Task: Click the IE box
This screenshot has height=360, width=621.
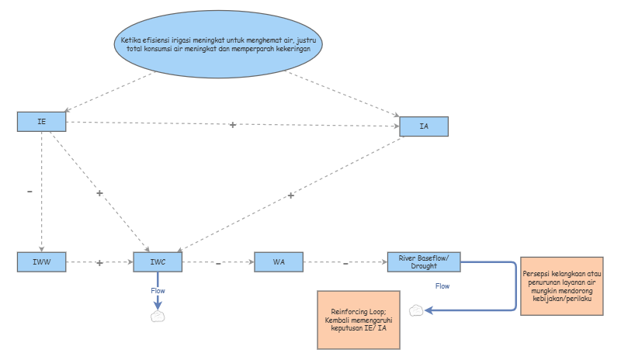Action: [x=42, y=122]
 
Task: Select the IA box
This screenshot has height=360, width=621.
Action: [x=424, y=126]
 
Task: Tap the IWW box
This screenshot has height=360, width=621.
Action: [x=42, y=261]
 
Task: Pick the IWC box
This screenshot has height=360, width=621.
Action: [x=158, y=261]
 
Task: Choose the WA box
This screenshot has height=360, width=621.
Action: [x=279, y=261]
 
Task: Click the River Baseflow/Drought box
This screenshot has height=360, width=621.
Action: [x=424, y=261]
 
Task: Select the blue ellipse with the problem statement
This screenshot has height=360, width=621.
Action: [x=218, y=44]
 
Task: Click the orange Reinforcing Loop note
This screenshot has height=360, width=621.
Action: [x=359, y=320]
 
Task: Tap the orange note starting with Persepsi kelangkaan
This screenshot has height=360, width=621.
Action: [x=561, y=286]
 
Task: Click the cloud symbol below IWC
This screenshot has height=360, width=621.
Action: [x=158, y=317]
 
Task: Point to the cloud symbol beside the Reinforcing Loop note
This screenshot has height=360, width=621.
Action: [x=416, y=310]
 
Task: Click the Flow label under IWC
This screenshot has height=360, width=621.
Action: [x=158, y=291]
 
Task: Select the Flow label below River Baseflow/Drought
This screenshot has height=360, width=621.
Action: [x=442, y=286]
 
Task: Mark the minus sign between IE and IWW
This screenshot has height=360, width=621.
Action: [x=29, y=192]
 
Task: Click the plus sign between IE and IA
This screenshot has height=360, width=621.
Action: [x=233, y=125]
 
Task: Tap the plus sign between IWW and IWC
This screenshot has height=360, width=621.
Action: [x=99, y=262]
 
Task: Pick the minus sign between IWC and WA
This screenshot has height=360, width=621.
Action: [x=218, y=263]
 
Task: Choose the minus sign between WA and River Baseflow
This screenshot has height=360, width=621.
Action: [x=345, y=263]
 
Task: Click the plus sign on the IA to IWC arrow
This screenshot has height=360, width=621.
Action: [x=291, y=196]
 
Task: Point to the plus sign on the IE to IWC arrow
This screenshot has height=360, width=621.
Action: [x=99, y=193]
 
